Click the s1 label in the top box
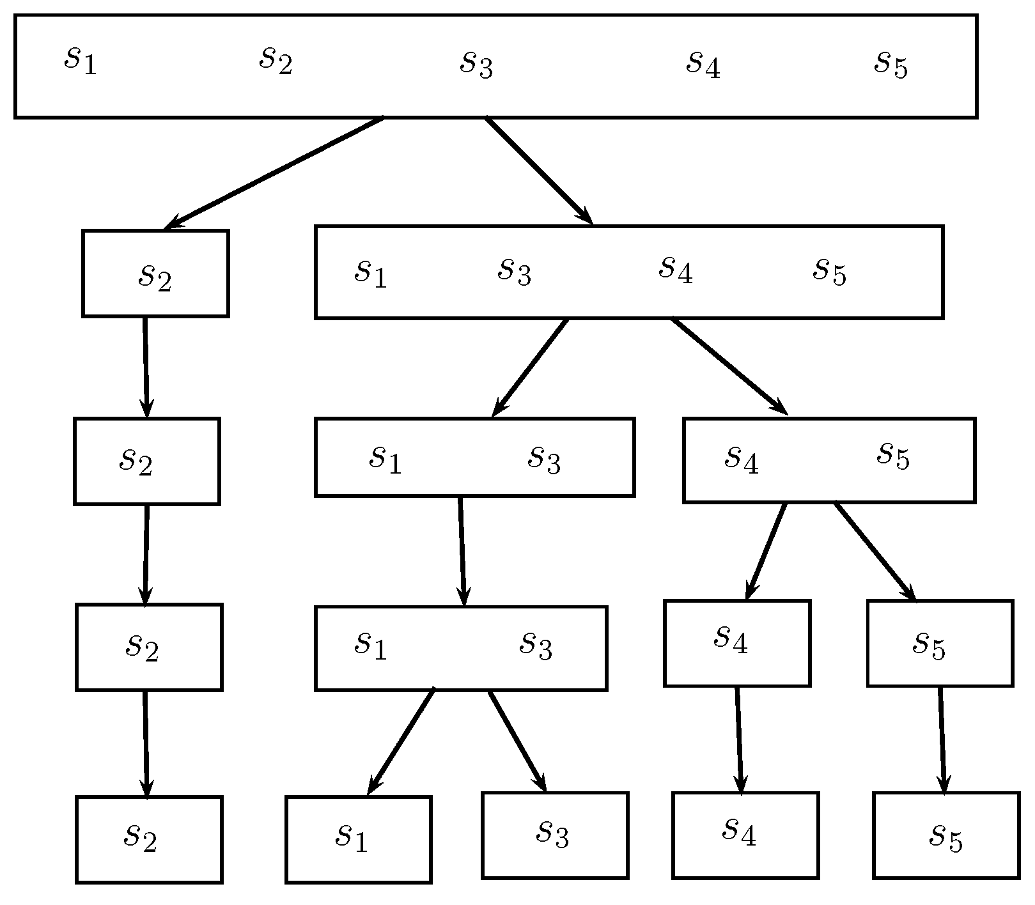[81, 60]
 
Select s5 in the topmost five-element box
[891, 64]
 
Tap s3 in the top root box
[476, 64]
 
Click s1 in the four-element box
[371, 273]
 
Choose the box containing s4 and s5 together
[829, 460]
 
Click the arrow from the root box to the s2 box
[274, 173]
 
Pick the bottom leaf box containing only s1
[359, 839]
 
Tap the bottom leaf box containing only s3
[555, 835]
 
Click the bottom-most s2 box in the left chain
[149, 839]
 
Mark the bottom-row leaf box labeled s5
[946, 835]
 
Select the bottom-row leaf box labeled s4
[745, 835]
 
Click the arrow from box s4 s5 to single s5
[875, 552]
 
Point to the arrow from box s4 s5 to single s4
[766, 551]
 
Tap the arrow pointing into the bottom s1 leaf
[401, 741]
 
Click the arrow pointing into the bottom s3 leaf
[517, 741]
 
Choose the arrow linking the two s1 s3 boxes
[462, 550]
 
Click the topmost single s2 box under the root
[155, 274]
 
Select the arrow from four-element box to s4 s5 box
[729, 366]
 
